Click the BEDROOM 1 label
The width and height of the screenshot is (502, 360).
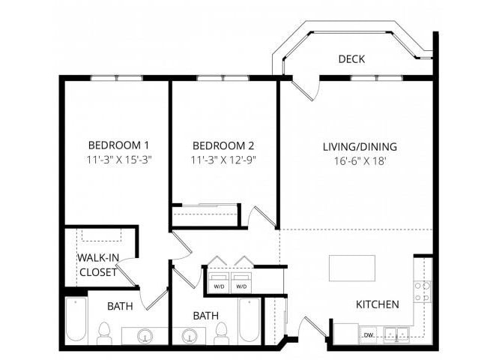point(119,145)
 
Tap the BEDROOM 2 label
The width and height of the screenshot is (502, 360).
point(223,145)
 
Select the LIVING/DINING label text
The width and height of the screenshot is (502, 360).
point(360,147)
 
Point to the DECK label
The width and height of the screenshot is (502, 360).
point(351,59)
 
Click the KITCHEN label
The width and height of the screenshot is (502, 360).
point(377,304)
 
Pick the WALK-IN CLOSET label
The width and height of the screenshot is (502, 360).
point(98,265)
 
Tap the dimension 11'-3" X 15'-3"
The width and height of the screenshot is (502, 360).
point(119,160)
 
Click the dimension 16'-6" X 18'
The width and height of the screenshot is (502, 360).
point(360,160)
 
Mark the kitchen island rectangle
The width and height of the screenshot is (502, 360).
point(352,268)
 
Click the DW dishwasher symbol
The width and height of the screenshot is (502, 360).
point(369,334)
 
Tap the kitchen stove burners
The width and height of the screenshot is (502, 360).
point(423,291)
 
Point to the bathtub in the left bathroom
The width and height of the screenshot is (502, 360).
point(76,321)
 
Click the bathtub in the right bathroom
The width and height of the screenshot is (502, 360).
point(249,321)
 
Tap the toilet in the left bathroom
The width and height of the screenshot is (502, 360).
point(104,331)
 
